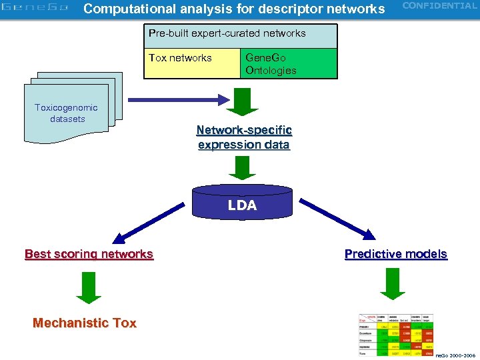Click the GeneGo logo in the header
[35, 9]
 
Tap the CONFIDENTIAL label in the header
[439, 6]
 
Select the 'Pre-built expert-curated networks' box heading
[227, 33]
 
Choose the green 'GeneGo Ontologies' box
[289, 63]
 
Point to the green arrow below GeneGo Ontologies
[243, 101]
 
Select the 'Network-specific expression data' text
[244, 137]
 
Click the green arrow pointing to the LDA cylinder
[242, 167]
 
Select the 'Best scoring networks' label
[89, 254]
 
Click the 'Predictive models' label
[395, 254]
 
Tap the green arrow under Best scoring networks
[89, 287]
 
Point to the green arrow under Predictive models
[393, 285]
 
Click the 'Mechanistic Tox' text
[85, 323]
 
